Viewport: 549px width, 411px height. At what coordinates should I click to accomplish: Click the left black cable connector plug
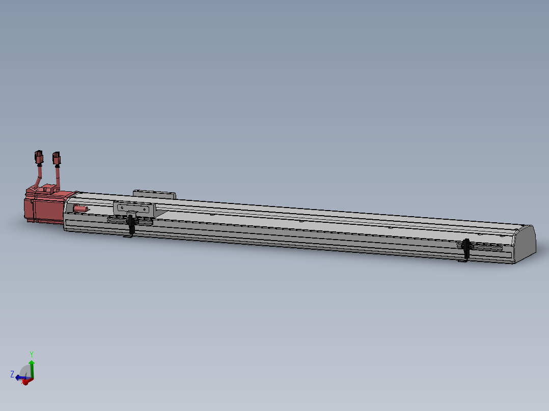pos(39,158)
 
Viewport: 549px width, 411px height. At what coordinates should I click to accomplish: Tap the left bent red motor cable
pos(38,179)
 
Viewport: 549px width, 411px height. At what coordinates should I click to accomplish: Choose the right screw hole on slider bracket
pos(147,209)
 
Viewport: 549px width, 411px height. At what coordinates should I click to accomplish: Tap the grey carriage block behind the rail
pos(154,194)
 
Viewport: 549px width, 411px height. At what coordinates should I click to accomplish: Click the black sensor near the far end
pos(467,249)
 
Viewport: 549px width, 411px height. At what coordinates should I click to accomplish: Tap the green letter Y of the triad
pos(32,354)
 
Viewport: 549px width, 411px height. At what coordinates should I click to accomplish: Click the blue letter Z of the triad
pos(12,374)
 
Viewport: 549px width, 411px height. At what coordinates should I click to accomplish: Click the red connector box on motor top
pos(48,188)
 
